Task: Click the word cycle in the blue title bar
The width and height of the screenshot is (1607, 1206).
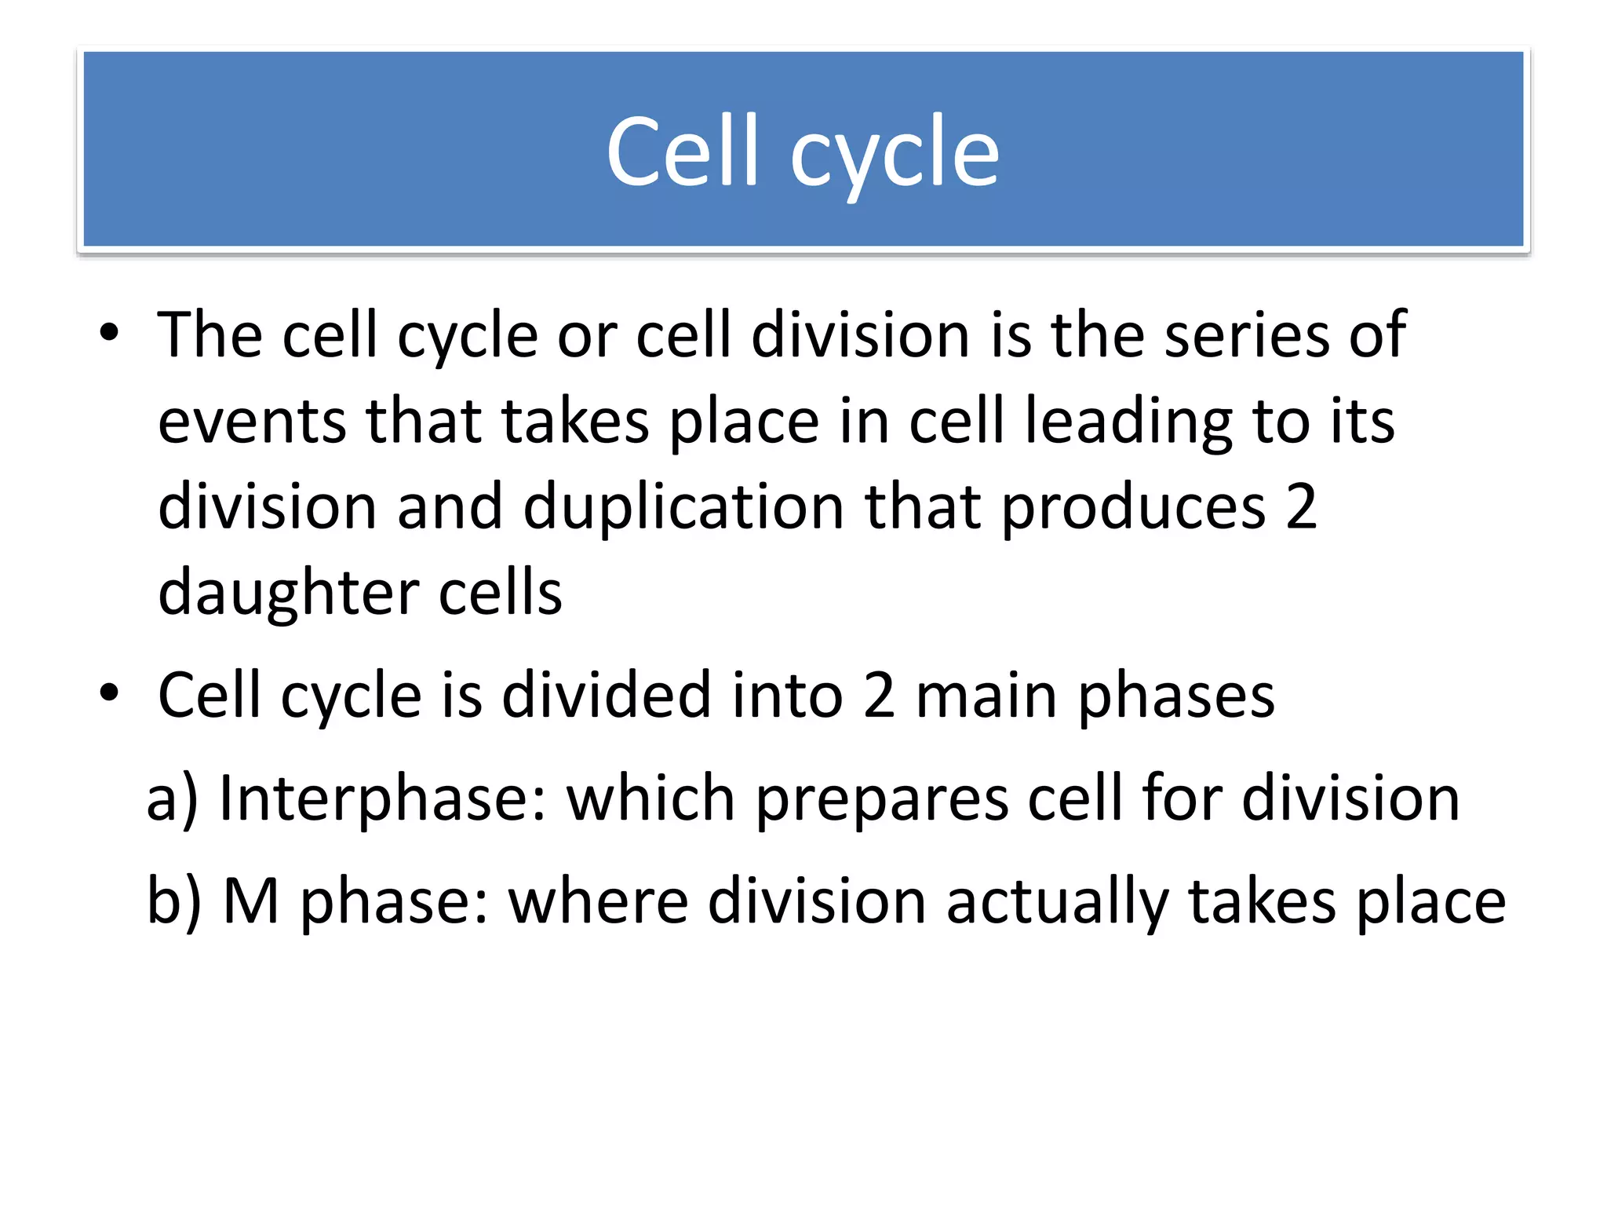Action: click(895, 157)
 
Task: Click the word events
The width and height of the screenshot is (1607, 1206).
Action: click(252, 422)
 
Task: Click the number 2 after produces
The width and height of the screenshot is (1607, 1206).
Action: click(1301, 507)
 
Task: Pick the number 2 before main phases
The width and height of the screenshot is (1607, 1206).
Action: click(879, 695)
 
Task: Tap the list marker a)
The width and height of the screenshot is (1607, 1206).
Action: click(173, 799)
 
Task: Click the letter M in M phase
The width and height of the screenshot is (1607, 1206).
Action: click(251, 901)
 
